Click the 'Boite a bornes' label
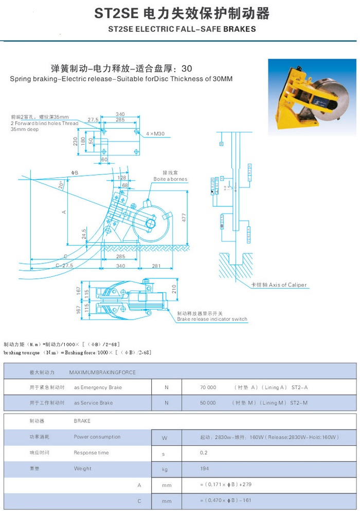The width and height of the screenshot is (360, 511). click(170, 179)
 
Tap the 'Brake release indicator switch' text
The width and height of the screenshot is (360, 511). click(212, 319)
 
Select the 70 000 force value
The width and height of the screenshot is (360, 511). click(208, 387)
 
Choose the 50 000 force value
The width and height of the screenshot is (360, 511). click(208, 403)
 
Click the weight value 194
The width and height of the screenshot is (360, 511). click(204, 469)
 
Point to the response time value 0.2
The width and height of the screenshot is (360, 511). click(203, 453)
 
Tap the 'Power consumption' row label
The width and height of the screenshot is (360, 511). click(97, 437)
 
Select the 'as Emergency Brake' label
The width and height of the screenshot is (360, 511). click(98, 387)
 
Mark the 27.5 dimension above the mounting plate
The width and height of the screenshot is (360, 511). click(93, 119)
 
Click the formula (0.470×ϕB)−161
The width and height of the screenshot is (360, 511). click(228, 501)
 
